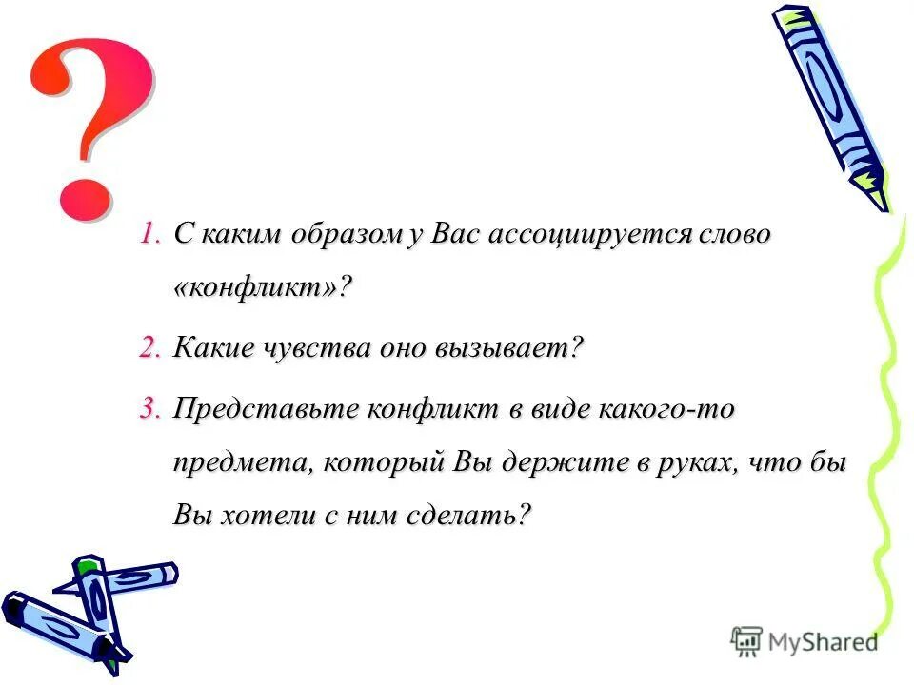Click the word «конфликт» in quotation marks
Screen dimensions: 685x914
click(x=258, y=288)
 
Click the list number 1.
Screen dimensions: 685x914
click(x=152, y=235)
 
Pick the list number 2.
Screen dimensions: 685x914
click(x=151, y=347)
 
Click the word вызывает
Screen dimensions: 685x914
click(x=508, y=347)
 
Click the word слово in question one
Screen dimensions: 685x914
click(x=734, y=235)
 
